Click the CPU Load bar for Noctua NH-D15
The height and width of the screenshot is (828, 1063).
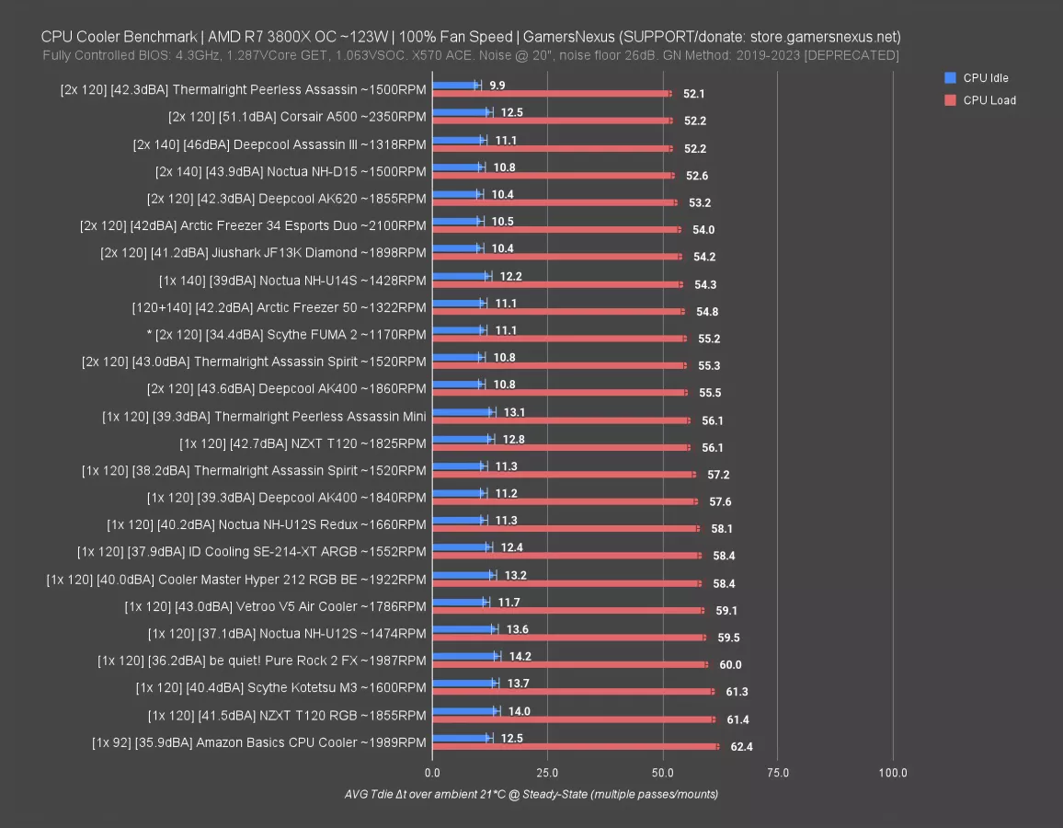[553, 175]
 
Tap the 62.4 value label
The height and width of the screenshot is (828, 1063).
[741, 747]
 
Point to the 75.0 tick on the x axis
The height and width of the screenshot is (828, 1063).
[778, 773]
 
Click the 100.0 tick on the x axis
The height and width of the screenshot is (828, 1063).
[893, 773]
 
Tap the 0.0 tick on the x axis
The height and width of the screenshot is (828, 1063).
[432, 773]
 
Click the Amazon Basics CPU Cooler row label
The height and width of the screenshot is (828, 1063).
[259, 742]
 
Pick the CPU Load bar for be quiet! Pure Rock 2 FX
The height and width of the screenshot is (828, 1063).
[569, 664]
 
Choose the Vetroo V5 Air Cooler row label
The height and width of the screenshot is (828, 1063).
[275, 606]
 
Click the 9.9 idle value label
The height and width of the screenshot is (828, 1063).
[497, 86]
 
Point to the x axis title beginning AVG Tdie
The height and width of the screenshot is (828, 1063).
[531, 794]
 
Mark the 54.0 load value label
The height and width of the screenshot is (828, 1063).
[703, 230]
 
